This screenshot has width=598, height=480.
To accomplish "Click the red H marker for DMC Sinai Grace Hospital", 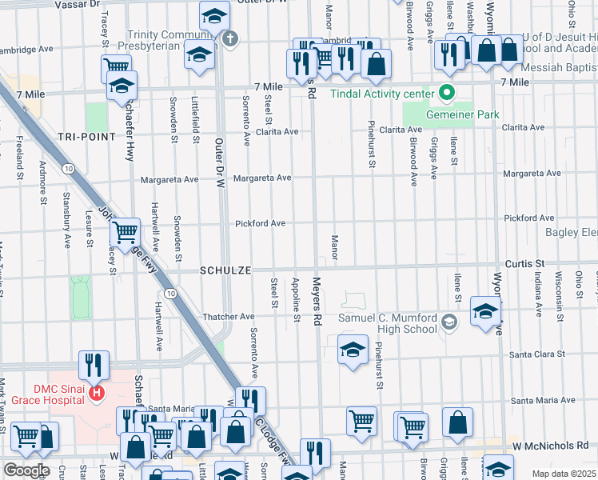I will click(x=97, y=394).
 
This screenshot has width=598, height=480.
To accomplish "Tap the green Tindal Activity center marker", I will click(x=447, y=93).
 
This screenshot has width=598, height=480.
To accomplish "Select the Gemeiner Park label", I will click(x=462, y=114).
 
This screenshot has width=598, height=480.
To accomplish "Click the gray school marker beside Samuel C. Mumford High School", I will click(x=448, y=323).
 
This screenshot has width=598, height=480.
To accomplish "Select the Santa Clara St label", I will click(x=538, y=354).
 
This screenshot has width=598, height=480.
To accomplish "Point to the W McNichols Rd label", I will click(x=552, y=443).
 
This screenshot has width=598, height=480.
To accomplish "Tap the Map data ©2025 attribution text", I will click(x=564, y=474).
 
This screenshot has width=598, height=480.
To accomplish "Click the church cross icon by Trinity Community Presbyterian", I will click(x=230, y=38).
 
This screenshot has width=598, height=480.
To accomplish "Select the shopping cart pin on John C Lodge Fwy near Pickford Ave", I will click(x=125, y=233).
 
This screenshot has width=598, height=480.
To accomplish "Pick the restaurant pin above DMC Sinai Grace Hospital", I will click(x=94, y=365).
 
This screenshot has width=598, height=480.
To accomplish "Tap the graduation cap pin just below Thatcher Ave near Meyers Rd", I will click(x=352, y=350).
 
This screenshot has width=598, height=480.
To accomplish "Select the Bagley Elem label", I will click(x=571, y=233).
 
